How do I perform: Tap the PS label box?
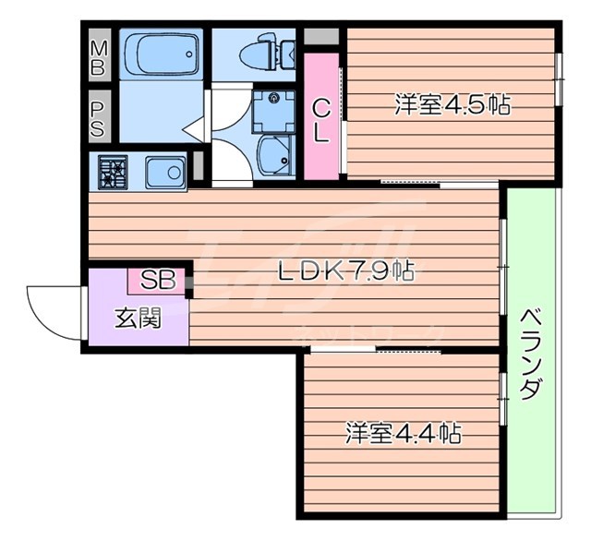[x=98, y=118]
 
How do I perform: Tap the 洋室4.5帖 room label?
[x=452, y=104]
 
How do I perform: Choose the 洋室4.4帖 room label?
[x=404, y=431]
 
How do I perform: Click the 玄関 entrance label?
[x=138, y=319]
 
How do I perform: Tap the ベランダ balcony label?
[x=530, y=353]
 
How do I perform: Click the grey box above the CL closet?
[x=320, y=39]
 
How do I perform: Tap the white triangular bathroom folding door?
[x=196, y=129]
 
